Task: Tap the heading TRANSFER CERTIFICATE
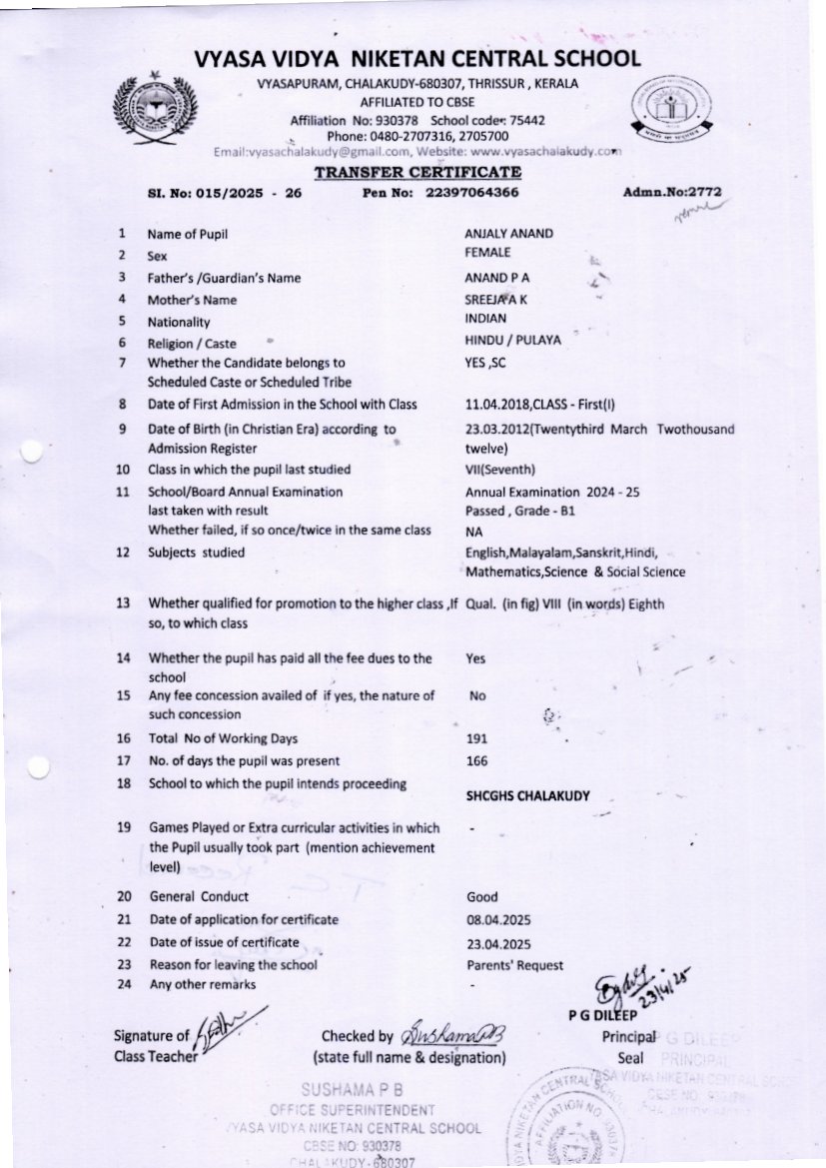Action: click(417, 173)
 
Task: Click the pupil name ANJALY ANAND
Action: click(509, 234)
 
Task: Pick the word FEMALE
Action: click(487, 254)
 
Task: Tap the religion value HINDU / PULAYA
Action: click(513, 340)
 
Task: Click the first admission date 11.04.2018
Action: click(495, 405)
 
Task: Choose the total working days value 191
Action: click(476, 739)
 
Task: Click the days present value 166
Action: click(476, 761)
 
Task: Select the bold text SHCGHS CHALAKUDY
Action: click(527, 796)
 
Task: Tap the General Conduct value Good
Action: click(481, 897)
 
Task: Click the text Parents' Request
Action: click(514, 965)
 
